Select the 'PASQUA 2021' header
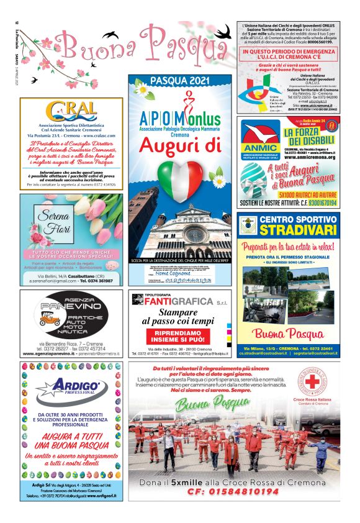tap(181, 81)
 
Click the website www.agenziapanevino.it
tap(42, 353)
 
